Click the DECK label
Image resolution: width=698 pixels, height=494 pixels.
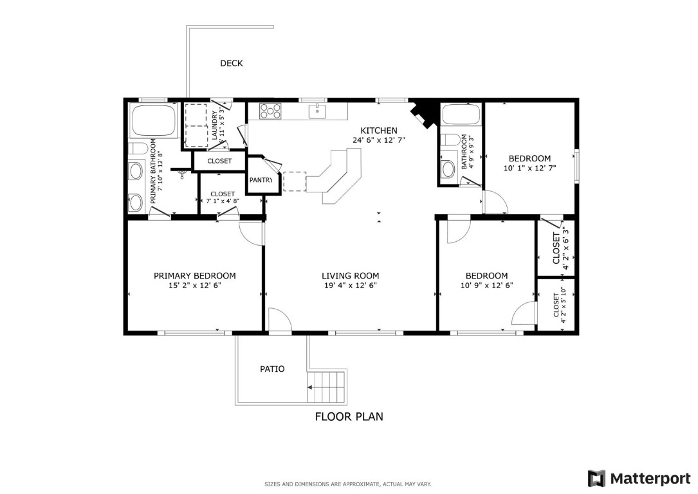pos(231,63)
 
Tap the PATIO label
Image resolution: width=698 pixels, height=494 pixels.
pos(272,369)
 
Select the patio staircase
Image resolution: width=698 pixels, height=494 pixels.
pos(327,387)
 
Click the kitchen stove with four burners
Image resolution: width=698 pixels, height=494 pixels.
pos(270,111)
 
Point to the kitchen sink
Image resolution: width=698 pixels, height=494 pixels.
pos(317,112)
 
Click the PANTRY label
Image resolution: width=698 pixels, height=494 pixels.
pos(261,180)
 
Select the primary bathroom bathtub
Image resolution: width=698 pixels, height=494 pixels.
pos(154,120)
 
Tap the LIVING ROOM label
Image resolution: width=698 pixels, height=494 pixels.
pos(349,275)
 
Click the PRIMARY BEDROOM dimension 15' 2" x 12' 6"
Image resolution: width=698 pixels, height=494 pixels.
pos(194,286)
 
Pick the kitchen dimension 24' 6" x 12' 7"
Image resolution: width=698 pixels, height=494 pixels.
pos(378,140)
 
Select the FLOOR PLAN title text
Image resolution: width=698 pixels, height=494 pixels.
pos(349,417)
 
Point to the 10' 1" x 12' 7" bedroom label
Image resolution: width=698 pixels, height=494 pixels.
pos(529,163)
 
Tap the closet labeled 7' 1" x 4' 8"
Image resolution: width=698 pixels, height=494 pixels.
pos(222,197)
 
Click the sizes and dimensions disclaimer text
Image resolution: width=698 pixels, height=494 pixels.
pos(348,484)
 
